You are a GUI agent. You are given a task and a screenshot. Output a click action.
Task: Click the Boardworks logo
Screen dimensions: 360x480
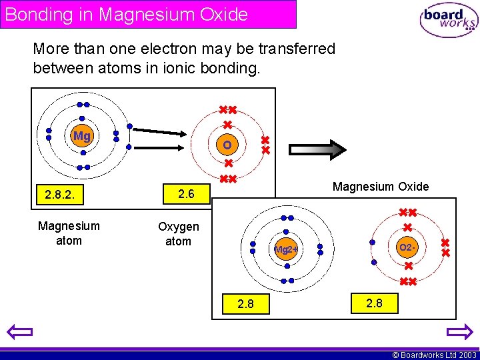449,21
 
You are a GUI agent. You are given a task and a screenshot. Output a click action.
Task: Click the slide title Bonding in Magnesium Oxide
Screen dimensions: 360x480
127,14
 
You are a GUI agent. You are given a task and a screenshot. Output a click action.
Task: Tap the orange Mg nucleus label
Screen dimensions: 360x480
81,137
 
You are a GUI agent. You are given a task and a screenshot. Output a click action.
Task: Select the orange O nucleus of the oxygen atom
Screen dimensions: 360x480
227,145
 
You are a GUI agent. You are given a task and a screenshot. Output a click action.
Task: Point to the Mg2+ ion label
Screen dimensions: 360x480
287,250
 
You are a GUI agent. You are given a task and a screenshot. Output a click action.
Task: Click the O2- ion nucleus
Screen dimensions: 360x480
407,248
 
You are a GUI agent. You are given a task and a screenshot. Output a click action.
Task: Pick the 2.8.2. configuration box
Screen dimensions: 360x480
63,195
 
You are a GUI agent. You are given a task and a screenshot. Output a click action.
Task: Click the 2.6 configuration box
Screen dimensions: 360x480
186,194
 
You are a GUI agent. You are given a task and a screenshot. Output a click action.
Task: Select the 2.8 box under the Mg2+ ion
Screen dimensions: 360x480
246,304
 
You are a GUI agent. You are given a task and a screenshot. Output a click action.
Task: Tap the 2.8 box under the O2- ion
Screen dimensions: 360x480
374,303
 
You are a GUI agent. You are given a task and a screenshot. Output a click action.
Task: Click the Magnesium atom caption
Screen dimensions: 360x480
69,233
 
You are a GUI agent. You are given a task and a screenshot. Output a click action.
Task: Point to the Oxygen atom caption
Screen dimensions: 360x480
178,234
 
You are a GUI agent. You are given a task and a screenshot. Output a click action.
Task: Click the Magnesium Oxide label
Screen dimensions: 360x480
381,187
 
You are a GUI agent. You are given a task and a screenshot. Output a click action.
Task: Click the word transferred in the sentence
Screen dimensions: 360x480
291,49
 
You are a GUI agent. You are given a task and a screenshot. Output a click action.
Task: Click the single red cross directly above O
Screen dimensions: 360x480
227,125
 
